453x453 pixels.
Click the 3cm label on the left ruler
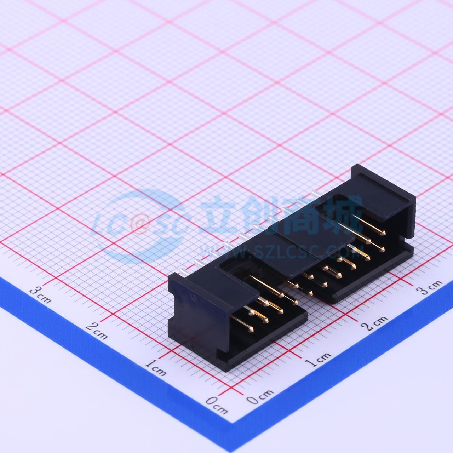40,296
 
